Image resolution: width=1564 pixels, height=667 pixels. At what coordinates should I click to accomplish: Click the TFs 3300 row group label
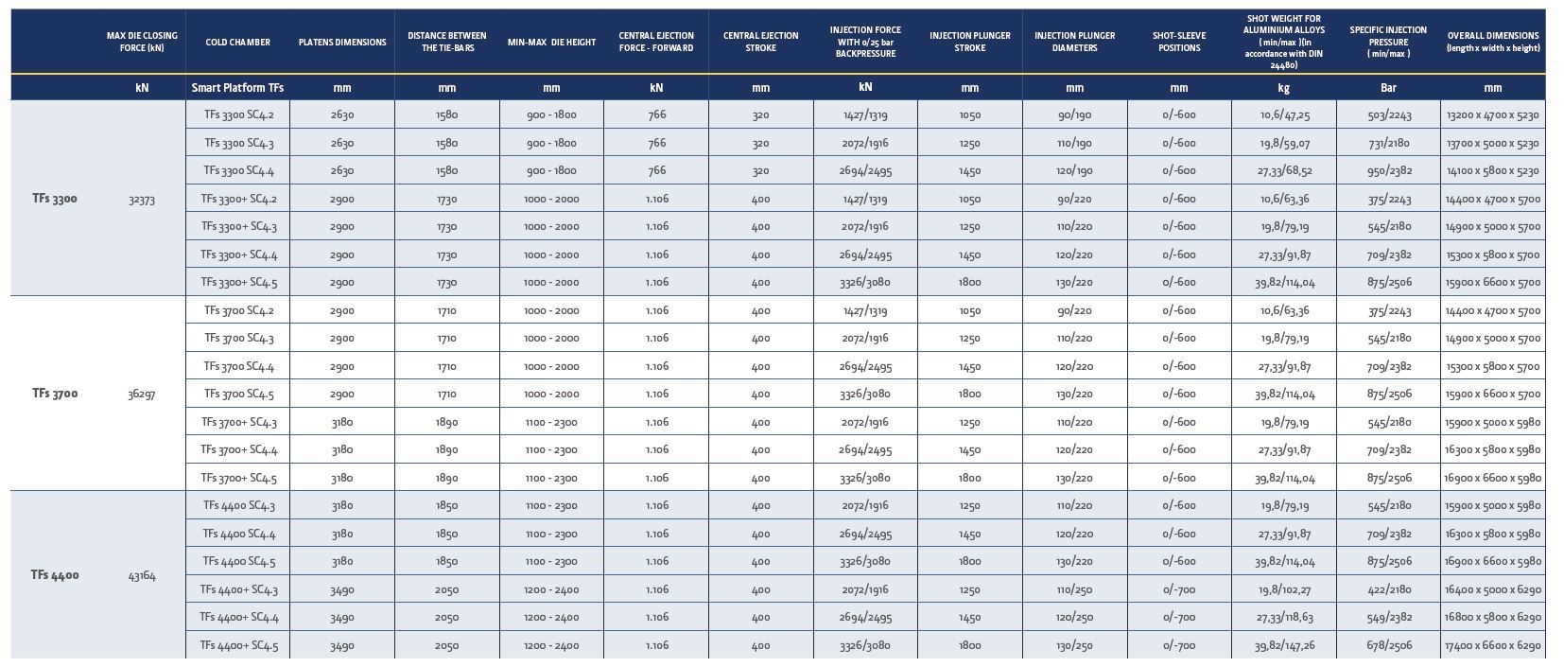point(55,199)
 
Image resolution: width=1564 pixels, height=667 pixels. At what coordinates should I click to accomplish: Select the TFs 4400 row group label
point(55,575)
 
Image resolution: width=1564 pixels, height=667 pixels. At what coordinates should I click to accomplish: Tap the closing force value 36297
point(142,394)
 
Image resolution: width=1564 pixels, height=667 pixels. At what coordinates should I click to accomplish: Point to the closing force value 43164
point(142,575)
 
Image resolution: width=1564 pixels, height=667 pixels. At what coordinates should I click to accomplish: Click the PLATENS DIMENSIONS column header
point(342,42)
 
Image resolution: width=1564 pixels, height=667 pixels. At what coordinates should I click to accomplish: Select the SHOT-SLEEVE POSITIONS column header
point(1179,42)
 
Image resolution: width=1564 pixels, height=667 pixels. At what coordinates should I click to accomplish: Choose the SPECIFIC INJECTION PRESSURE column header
point(1388,42)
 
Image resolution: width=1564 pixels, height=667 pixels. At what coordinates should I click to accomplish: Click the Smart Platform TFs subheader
point(237,87)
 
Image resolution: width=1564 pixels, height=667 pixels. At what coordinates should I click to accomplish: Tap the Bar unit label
point(1388,87)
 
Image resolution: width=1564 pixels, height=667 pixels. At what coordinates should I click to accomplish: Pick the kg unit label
point(1283,88)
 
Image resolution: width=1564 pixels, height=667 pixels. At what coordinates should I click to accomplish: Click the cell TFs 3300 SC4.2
point(239,114)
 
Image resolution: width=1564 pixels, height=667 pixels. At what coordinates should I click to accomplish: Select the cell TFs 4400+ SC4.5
point(239,645)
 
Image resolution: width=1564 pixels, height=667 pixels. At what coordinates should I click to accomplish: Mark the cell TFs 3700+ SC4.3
point(239,422)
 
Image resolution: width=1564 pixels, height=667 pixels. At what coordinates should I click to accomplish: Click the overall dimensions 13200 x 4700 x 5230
point(1493,114)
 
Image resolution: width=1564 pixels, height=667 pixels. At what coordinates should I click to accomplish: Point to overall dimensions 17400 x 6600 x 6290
point(1493,645)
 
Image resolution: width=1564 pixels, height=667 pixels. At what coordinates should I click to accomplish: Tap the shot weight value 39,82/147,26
point(1284,645)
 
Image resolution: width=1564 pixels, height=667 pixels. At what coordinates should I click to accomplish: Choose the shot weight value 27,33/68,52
point(1284,170)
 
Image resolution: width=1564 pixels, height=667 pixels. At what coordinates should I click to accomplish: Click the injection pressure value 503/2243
point(1389,114)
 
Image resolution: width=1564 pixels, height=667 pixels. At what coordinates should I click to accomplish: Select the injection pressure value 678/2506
point(1389,645)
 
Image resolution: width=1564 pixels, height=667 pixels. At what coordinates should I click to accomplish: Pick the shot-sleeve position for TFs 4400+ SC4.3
point(1179,589)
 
